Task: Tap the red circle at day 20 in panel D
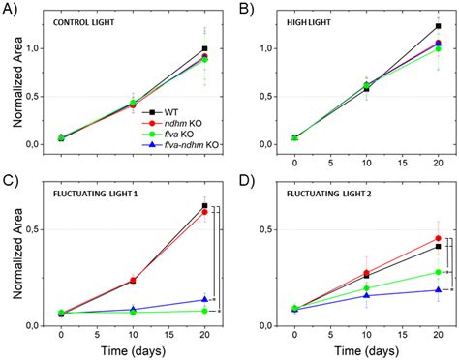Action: coord(438,238)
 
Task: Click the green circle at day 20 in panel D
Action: coord(438,272)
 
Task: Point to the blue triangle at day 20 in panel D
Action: coord(438,290)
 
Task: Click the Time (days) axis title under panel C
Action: coord(133,348)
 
